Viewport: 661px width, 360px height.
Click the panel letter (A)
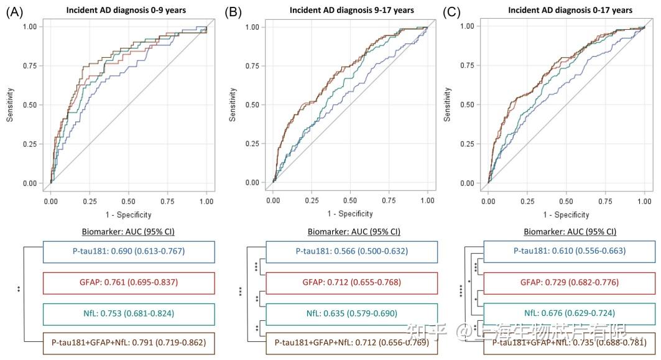pos(16,11)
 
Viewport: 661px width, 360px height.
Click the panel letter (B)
pos(234,11)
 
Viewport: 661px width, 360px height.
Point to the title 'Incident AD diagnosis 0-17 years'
pos(570,10)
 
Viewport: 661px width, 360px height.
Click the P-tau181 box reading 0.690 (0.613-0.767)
pos(129,252)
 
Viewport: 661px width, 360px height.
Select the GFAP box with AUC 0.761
pos(129,283)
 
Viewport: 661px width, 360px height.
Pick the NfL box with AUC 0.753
pos(129,314)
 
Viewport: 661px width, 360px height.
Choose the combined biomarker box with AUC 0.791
pos(129,343)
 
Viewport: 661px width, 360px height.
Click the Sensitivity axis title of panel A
pos(11,104)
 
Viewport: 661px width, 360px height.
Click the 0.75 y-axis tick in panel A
pos(29,65)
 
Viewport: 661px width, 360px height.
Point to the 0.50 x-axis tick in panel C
pos(566,202)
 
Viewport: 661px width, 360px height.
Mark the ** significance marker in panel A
pos(19,288)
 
